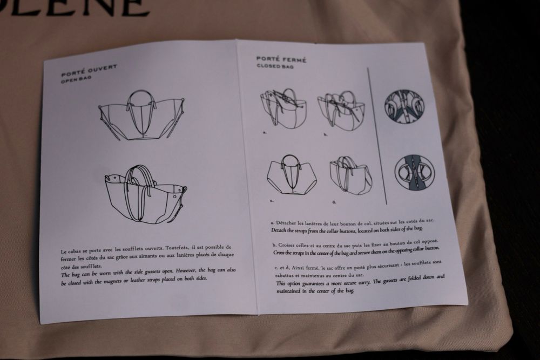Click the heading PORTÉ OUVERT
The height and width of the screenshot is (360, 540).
click(x=89, y=70)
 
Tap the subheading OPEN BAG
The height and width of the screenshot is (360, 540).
click(x=76, y=79)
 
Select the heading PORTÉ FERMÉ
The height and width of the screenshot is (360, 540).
click(x=281, y=59)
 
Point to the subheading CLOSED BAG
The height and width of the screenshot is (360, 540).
click(x=275, y=66)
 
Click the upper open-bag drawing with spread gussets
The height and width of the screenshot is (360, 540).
click(x=141, y=116)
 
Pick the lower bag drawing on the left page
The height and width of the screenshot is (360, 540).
click(x=146, y=195)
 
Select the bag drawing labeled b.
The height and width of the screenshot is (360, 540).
click(x=341, y=110)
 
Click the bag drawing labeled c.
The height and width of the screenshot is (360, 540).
click(x=292, y=175)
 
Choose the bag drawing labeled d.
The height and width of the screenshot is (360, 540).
click(x=350, y=176)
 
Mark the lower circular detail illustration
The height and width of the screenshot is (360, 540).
click(x=414, y=173)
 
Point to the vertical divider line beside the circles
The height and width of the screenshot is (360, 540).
click(x=377, y=136)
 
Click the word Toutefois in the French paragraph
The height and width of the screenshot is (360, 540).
click(x=177, y=248)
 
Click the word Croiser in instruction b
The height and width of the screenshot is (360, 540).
click(x=286, y=245)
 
